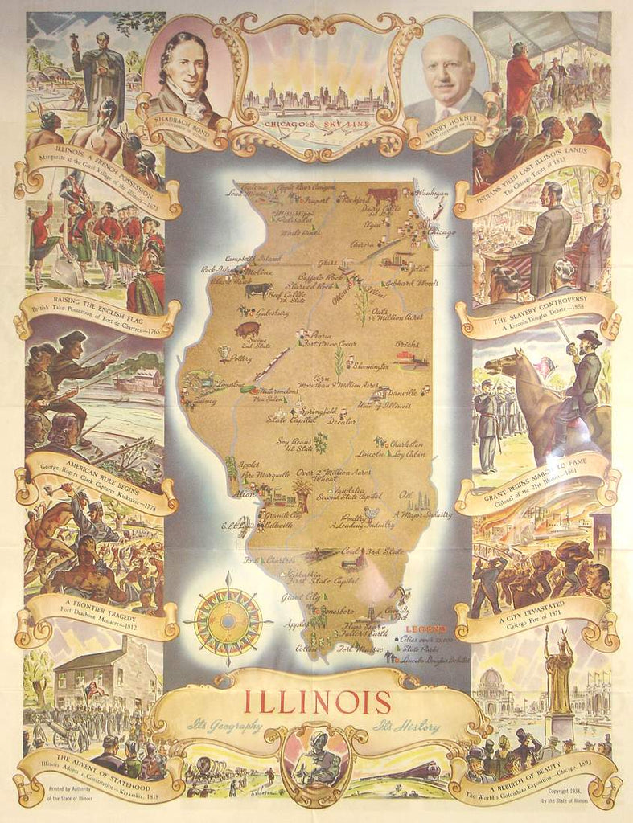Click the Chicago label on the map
tap(442, 231)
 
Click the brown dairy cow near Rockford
tap(384, 194)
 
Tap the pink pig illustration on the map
tap(247, 329)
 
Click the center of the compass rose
tap(228, 620)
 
